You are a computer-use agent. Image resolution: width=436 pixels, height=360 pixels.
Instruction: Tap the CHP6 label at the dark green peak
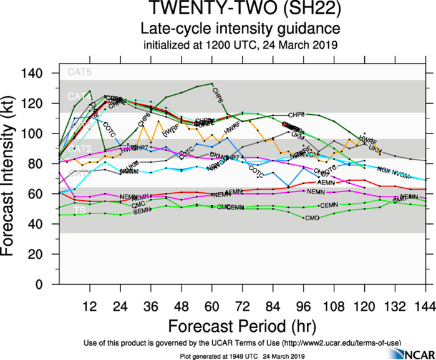click(x=216, y=95)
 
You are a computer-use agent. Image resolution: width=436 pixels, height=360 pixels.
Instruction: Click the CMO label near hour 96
click(x=311, y=217)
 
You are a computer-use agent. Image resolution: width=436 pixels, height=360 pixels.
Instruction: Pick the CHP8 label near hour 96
click(x=297, y=115)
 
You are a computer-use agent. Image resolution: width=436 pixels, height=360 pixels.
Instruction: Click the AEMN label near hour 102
click(x=326, y=182)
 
